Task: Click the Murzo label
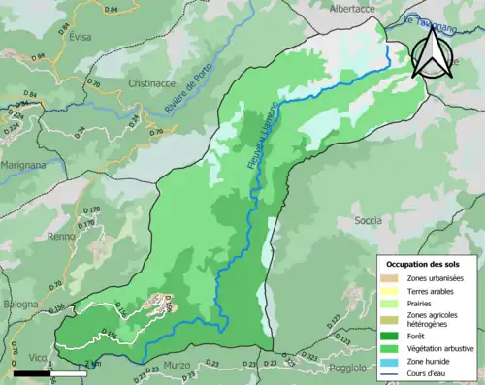click(178, 364)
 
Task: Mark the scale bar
click(61, 372)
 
